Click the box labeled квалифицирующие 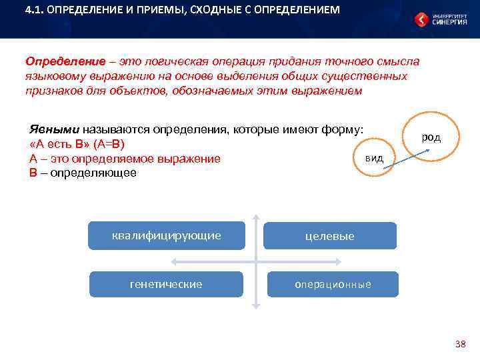[167, 235]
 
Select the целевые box [330, 236]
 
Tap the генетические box [166, 284]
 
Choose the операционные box [333, 285]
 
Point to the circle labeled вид [374, 158]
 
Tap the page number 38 [460, 344]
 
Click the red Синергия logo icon [421, 19]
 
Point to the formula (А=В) [109, 144]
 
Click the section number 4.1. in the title [35, 11]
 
